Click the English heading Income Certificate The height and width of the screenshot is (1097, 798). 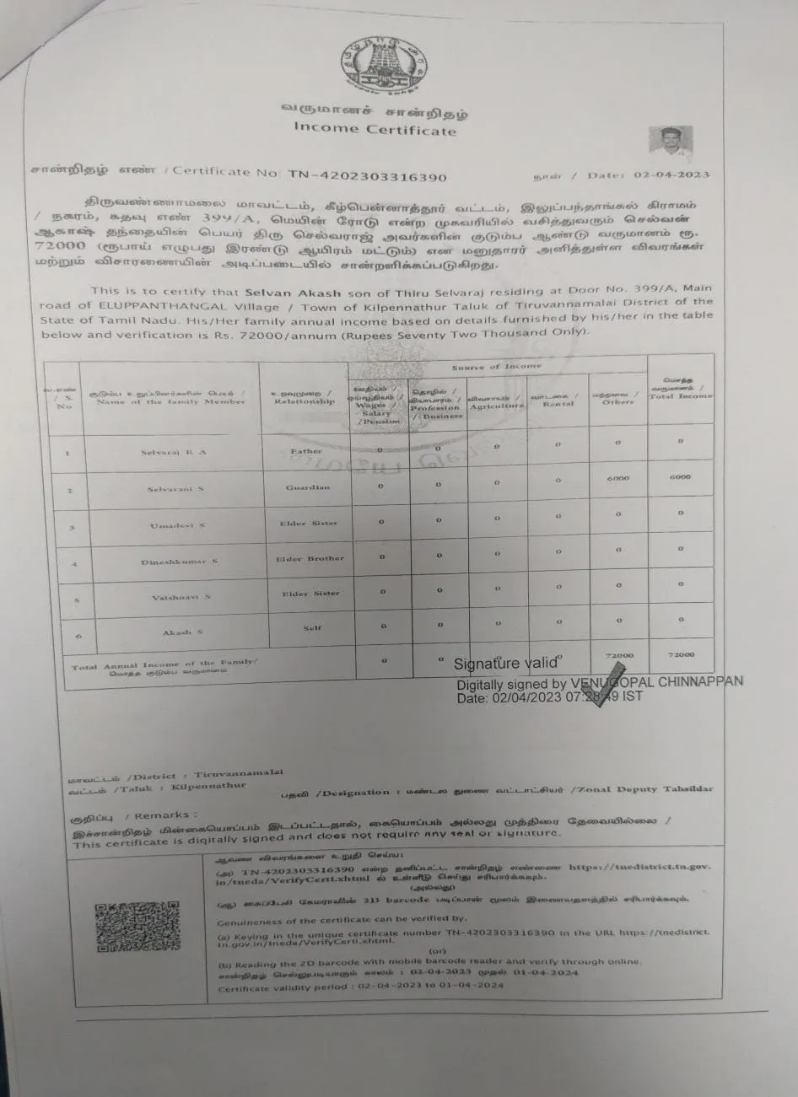(375, 128)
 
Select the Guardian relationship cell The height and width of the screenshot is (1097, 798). (309, 487)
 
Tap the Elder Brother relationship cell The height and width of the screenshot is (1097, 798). (310, 558)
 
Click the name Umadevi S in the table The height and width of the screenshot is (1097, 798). (177, 525)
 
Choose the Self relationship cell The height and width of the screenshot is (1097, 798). (312, 629)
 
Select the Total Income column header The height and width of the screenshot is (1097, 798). (680, 391)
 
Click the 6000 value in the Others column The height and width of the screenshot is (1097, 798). (618, 477)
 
